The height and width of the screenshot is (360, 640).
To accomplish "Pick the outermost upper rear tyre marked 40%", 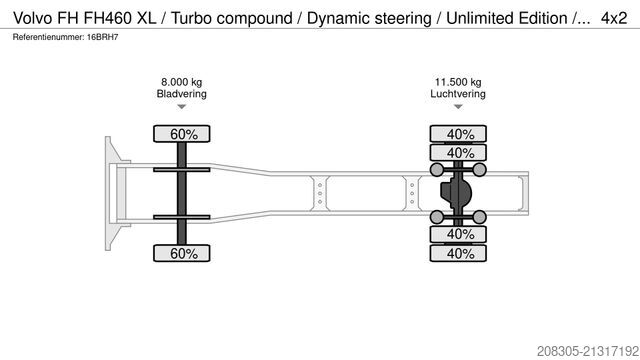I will pyautogui.click(x=460, y=134).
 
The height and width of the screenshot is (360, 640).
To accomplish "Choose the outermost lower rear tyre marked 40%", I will pyautogui.click(x=460, y=254).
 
